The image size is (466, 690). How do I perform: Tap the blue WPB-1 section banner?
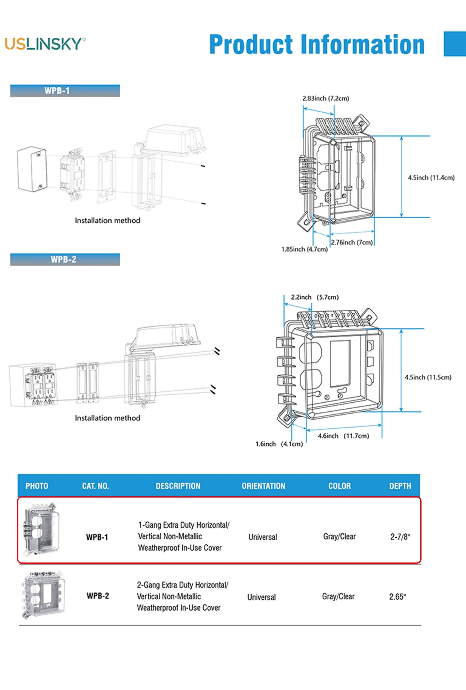[65, 91]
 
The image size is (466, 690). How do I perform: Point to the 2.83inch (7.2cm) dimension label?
[326, 98]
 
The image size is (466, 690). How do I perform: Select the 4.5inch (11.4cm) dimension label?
[431, 178]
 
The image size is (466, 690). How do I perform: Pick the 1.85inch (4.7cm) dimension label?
[304, 249]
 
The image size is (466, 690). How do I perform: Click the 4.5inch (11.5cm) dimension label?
[428, 377]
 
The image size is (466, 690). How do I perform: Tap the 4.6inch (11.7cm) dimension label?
[343, 436]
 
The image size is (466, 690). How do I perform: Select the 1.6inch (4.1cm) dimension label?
[279, 444]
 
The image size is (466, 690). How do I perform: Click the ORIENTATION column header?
[263, 486]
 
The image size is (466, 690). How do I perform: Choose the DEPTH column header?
[400, 486]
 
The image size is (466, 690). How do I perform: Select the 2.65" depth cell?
[397, 597]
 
